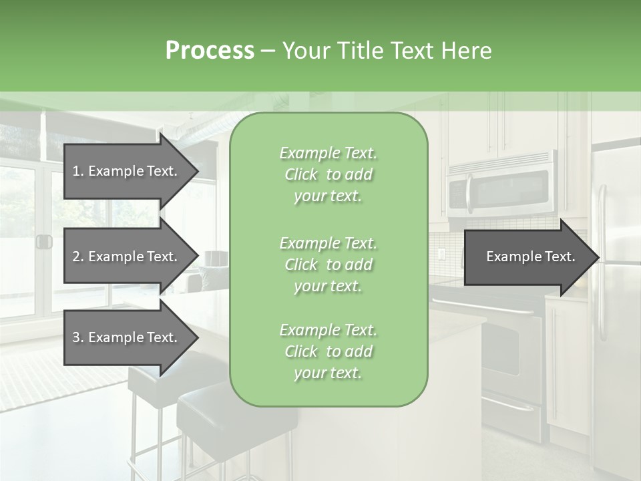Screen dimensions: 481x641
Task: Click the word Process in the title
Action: tap(210, 51)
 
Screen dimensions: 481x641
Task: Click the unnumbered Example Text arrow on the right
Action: tap(530, 257)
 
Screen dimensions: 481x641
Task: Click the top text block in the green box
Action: tap(328, 174)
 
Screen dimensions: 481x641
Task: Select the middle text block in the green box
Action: tap(328, 264)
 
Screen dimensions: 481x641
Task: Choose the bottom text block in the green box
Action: tap(328, 351)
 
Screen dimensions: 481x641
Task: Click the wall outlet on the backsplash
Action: tap(441, 254)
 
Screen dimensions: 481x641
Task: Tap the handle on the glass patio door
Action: tap(44, 242)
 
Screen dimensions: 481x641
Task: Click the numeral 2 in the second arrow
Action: tap(76, 257)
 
